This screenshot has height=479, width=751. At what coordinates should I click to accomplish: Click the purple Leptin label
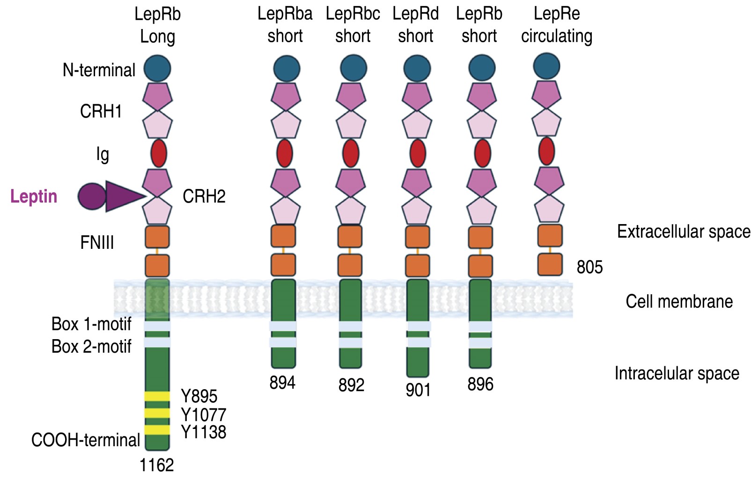point(34,196)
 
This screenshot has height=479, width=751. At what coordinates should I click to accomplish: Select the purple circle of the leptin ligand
point(91,196)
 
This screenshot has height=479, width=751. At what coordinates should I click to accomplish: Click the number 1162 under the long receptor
point(156,465)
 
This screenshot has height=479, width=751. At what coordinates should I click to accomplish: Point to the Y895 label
point(199,396)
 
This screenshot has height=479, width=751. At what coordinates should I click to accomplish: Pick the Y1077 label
point(203,414)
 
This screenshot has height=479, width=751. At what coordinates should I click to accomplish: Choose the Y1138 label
point(203,432)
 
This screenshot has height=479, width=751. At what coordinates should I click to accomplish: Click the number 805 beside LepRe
point(589,267)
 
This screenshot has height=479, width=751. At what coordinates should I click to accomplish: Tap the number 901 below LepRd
point(418,390)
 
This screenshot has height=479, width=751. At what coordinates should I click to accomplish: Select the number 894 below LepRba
point(282,383)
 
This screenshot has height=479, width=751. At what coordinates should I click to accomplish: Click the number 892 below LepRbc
point(351,385)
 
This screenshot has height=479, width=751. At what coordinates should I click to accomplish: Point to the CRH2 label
point(204,196)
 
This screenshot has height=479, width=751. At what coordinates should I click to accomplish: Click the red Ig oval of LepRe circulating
point(546,151)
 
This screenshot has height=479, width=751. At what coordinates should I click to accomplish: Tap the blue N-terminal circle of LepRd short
point(417,68)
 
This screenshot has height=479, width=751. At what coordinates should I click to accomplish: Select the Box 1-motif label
point(91,324)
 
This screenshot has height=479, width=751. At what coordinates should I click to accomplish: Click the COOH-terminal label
point(86,440)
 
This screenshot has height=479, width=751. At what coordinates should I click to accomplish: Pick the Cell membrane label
point(679,302)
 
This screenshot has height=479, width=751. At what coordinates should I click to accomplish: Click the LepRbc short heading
point(353,25)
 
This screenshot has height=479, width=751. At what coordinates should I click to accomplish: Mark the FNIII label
point(97,243)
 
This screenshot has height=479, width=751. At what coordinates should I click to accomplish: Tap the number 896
point(480,384)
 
